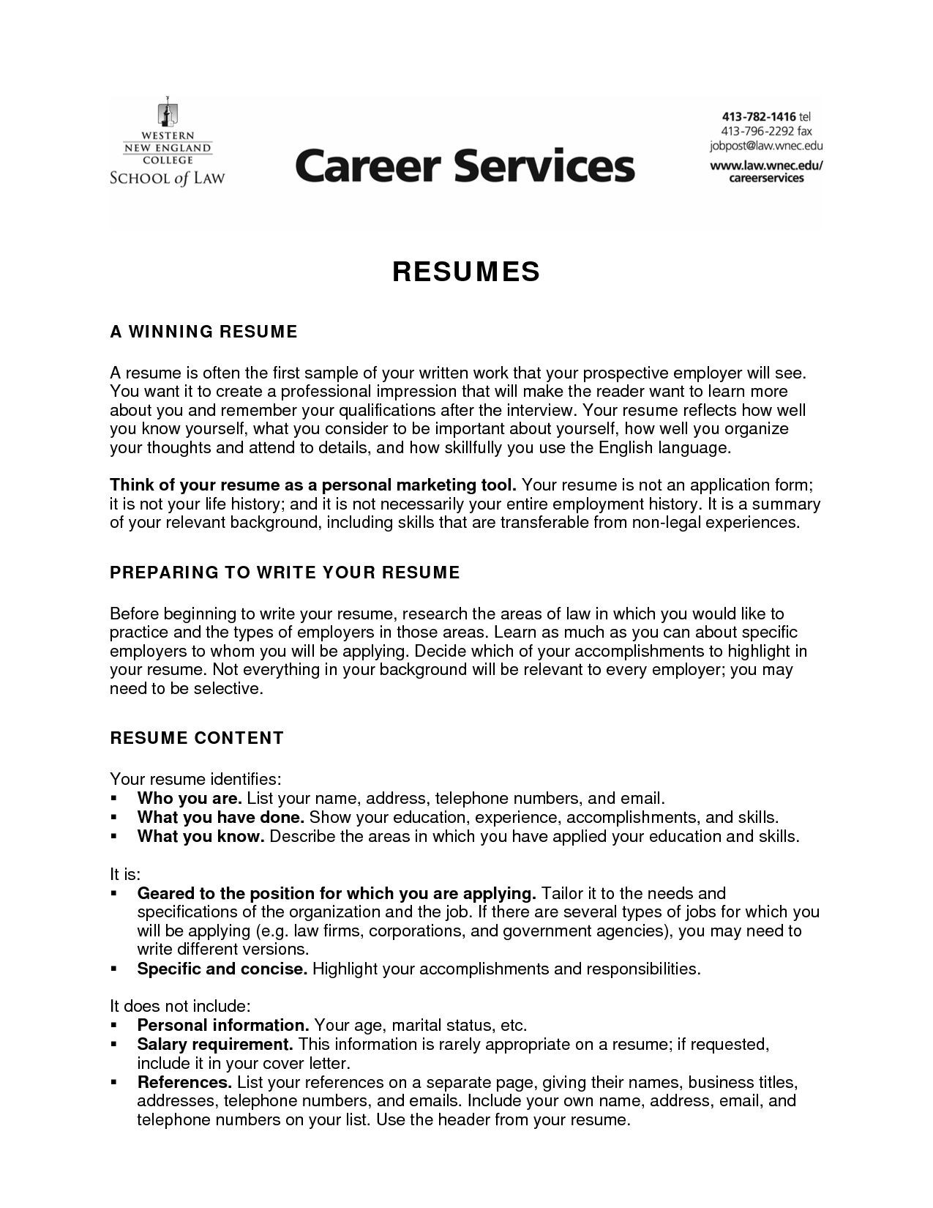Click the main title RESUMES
[466, 272]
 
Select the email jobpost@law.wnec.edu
[766, 146]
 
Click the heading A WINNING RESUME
[203, 332]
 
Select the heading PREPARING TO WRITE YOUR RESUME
[285, 573]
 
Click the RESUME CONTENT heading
[196, 738]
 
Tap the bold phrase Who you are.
[189, 798]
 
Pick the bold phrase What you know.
[200, 836]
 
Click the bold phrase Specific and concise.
[222, 969]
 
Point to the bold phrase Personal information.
[222, 1025]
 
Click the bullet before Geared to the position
[114, 894]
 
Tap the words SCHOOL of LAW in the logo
[167, 178]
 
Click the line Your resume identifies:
[195, 778]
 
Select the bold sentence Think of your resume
[313, 485]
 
